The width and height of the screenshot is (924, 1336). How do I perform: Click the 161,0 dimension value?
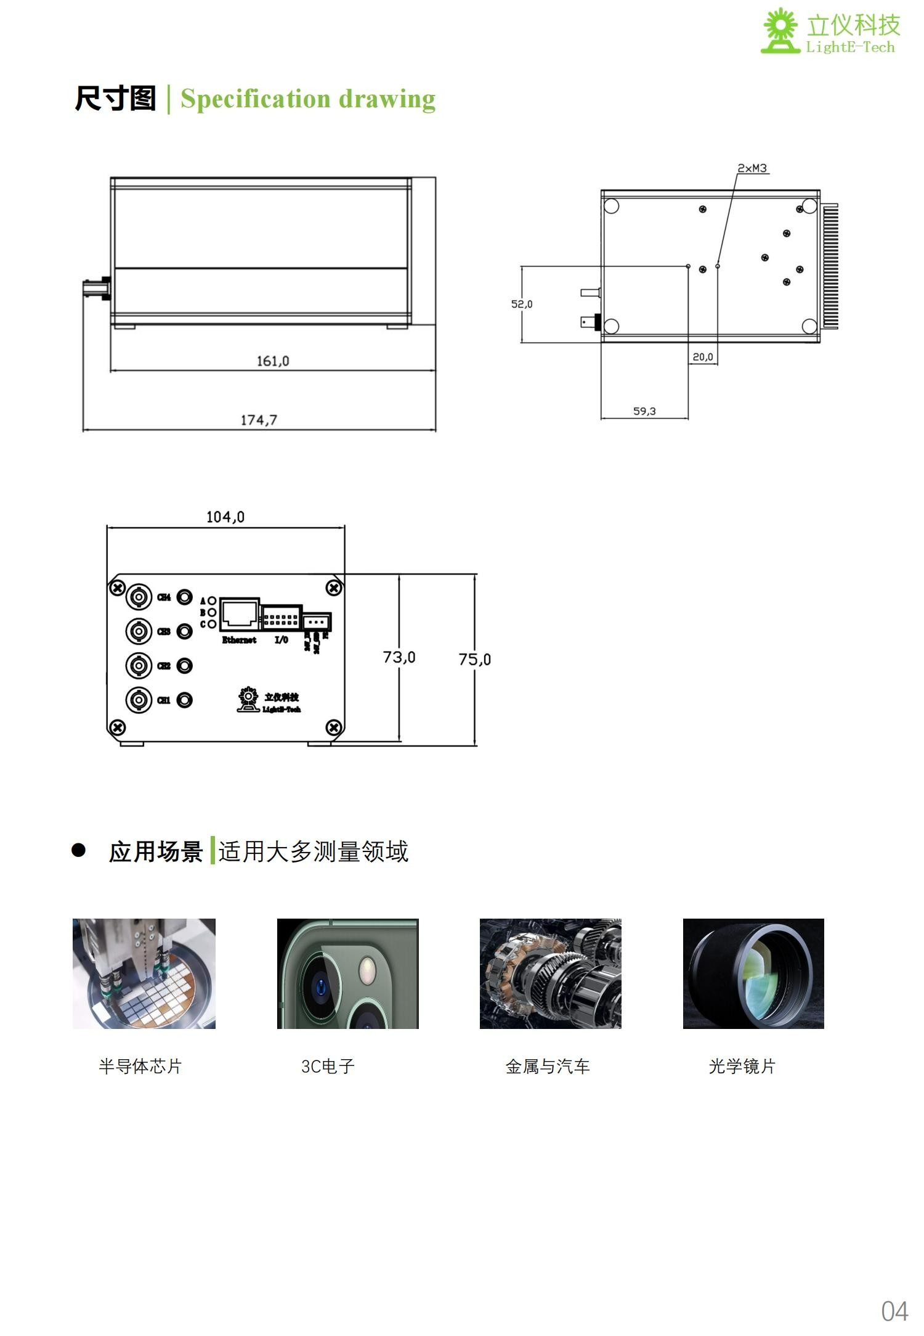272,361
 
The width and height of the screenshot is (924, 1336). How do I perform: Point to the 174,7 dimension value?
259,420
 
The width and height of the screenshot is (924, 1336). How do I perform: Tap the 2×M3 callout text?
752,168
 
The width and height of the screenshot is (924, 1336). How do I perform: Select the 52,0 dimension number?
522,304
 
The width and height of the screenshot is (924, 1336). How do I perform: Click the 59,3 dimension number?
644,411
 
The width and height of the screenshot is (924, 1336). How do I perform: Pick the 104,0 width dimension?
225,517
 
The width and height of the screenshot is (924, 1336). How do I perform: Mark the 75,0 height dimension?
474,660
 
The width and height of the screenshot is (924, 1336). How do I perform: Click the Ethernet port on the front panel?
240,614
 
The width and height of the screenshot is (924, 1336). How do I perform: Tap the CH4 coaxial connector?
139,597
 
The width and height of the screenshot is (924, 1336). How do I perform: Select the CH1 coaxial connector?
139,700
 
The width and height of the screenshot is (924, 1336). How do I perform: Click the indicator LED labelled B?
211,612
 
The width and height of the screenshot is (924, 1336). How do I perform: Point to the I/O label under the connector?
281,640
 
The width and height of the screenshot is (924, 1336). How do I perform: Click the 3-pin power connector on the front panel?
317,621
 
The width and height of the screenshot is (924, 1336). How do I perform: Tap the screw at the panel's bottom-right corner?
333,727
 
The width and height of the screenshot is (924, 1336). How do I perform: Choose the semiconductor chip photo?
144,973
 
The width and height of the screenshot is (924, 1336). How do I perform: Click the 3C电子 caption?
328,1067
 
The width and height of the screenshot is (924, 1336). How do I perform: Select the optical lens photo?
753,973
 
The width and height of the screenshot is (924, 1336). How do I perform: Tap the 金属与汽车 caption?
548,1067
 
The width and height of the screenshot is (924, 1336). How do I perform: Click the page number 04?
894,1311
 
